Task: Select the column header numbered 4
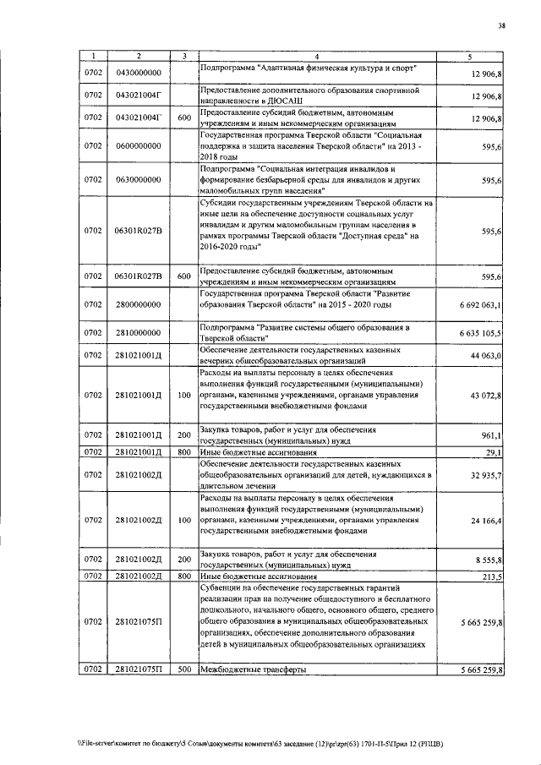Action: point(327,55)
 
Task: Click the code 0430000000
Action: point(139,74)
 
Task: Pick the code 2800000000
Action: point(139,305)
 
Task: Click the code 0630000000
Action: point(139,180)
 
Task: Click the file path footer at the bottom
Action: point(254,743)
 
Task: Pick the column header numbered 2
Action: point(139,55)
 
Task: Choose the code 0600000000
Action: point(139,145)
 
